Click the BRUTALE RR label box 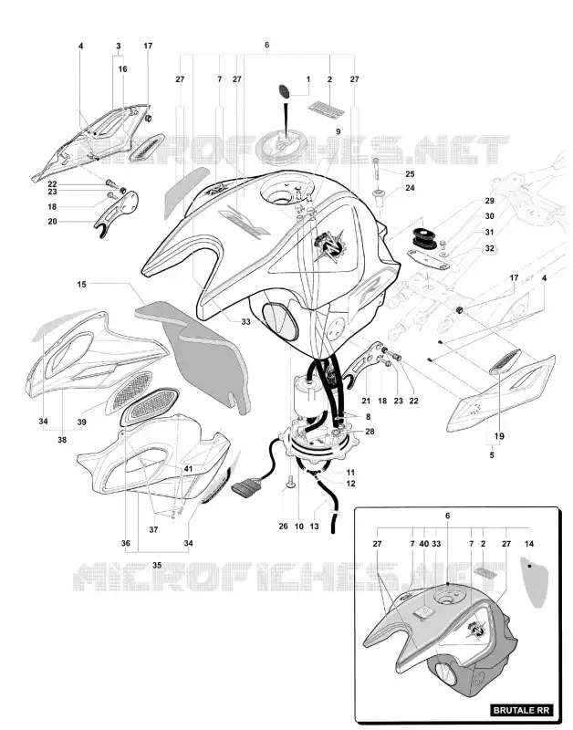(522, 711)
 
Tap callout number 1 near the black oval (308, 79)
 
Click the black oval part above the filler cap (284, 90)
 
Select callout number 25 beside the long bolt (410, 174)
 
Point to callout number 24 (410, 188)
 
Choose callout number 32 (490, 248)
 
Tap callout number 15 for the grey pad (82, 284)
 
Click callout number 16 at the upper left (122, 69)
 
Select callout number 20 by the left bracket (52, 222)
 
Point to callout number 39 (82, 422)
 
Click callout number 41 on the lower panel (188, 469)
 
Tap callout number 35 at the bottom (157, 565)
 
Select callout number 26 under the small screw (284, 527)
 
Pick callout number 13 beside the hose (314, 527)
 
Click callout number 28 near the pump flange (370, 432)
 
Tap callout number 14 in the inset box (529, 543)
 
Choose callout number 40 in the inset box (424, 543)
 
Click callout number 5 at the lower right (492, 454)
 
